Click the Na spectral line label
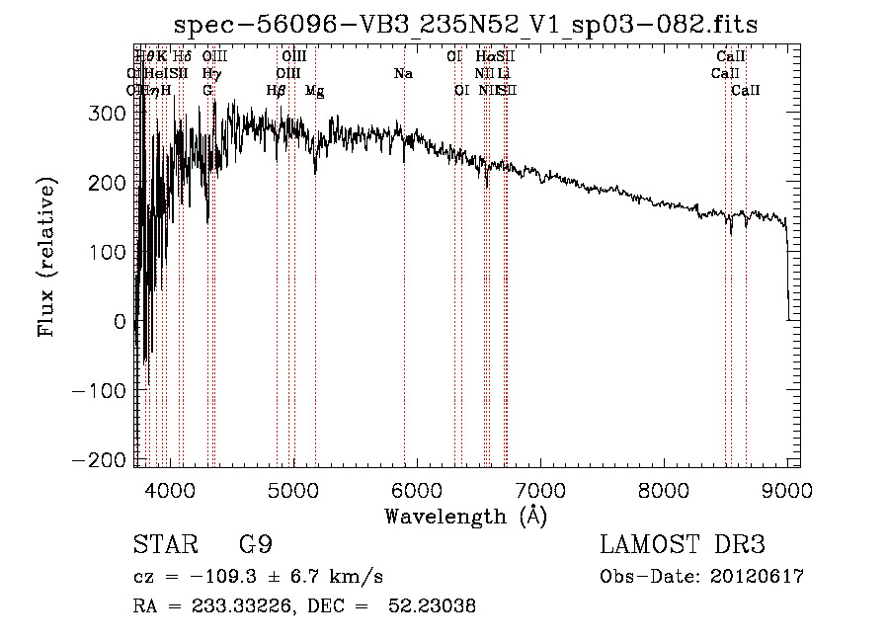pos(403,73)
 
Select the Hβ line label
pos(277,90)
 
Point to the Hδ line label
pos(183,57)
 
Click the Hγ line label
pos(210,73)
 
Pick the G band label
pos(207,90)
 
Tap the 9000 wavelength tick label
pos(786,488)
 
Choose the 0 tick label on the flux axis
pos(121,322)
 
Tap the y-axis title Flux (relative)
pos(46,258)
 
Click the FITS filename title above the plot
pos(465,25)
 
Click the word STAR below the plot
pos(164,546)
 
